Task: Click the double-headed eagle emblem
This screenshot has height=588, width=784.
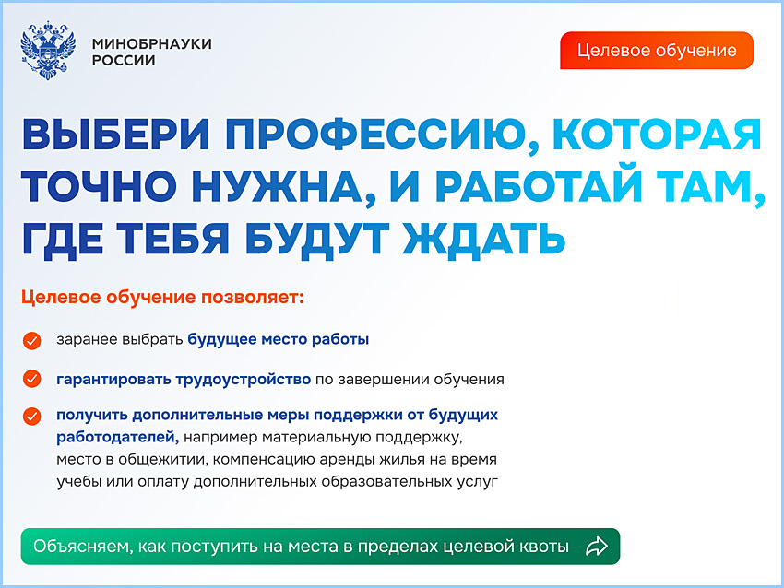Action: [x=47, y=52]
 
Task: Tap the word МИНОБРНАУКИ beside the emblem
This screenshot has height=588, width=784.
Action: [x=152, y=43]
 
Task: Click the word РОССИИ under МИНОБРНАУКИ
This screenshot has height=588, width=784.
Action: [x=124, y=61]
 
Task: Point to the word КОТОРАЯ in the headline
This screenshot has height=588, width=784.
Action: [x=657, y=135]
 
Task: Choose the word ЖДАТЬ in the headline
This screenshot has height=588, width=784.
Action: [x=482, y=238]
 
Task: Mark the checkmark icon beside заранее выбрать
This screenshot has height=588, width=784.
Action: [x=32, y=340]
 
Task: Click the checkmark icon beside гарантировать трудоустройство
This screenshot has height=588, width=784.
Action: [x=32, y=379]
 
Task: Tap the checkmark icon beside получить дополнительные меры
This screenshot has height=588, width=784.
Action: [x=32, y=415]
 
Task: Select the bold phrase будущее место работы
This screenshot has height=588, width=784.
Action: [x=279, y=339]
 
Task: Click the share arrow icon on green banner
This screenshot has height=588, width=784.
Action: [x=597, y=546]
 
